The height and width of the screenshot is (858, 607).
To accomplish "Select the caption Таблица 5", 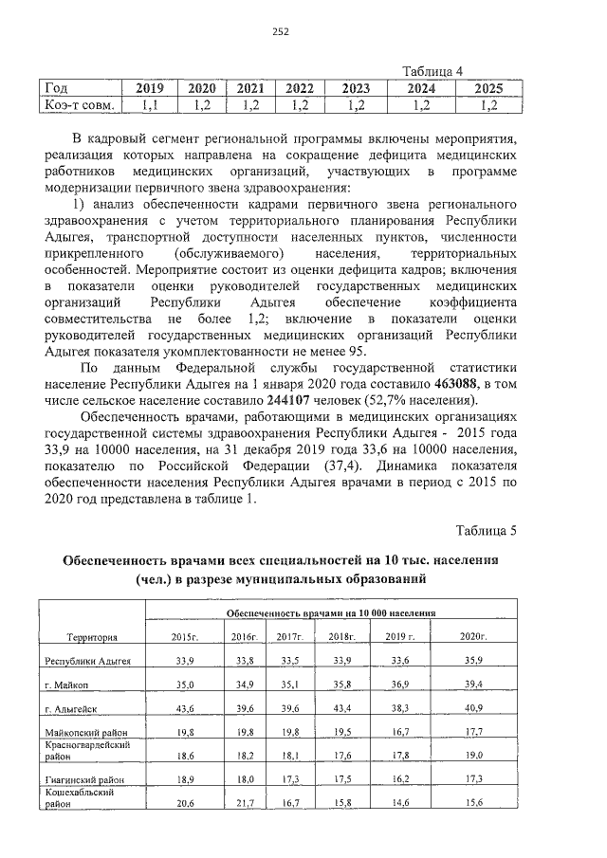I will pyautogui.click(x=487, y=528).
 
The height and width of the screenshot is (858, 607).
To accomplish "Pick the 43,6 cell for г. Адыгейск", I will pyautogui.click(x=185, y=708).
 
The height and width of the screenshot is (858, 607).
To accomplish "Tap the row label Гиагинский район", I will pyautogui.click(x=86, y=779).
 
